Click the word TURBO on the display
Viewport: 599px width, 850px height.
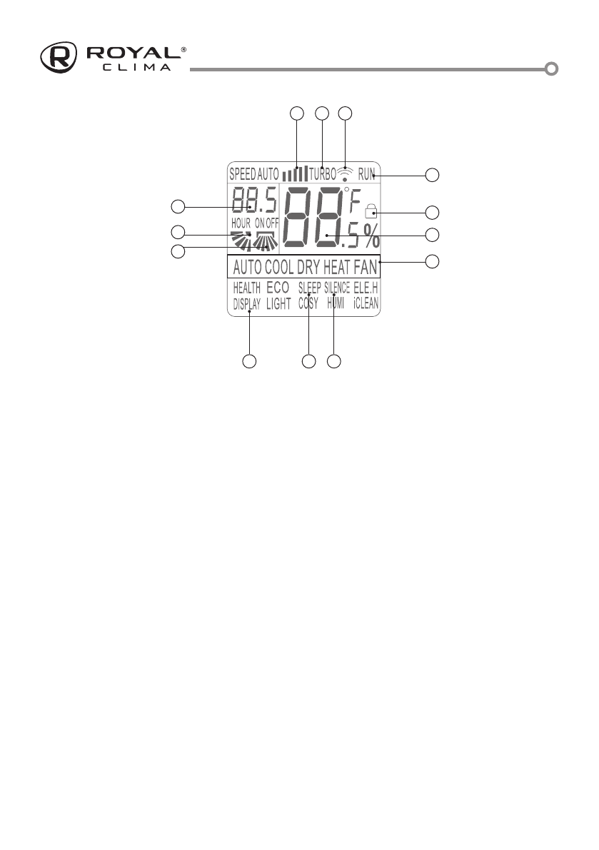323,173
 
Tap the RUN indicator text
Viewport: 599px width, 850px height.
366,173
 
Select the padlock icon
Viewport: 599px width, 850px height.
370,211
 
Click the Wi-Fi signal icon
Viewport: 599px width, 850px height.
346,172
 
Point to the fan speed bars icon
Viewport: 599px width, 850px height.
295,173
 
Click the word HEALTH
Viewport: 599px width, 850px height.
246,289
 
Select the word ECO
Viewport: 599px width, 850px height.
278,289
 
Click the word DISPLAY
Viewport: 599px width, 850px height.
246,303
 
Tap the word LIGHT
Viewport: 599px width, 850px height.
278,303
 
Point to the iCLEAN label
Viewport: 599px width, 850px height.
366,303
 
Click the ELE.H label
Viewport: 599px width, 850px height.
366,289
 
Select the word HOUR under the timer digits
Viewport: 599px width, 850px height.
241,223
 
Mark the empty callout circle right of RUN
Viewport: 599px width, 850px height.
433,174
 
